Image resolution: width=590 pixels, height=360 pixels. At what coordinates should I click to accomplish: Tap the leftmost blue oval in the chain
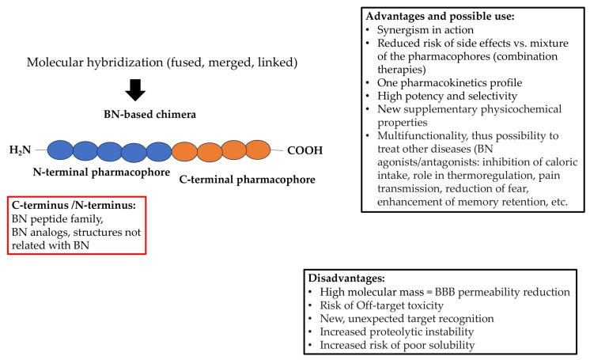tap(61, 150)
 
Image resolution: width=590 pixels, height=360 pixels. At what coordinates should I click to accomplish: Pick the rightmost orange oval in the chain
tap(257, 150)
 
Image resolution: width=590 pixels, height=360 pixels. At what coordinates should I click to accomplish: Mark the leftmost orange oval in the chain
tap(184, 150)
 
